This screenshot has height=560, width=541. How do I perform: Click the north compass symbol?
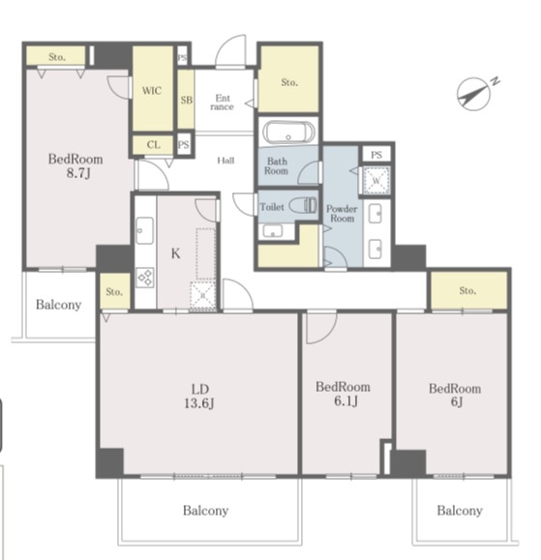[474, 94]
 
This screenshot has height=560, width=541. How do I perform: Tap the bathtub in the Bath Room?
[288, 133]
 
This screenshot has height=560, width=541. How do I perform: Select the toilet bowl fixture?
[303, 206]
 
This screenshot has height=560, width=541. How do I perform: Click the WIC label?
[152, 90]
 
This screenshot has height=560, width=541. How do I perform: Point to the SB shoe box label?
[186, 100]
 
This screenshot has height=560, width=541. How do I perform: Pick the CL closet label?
[153, 145]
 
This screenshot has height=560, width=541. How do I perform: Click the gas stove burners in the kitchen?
[145, 278]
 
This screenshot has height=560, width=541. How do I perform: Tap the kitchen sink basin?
[145, 231]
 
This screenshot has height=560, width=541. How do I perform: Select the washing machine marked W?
[376, 180]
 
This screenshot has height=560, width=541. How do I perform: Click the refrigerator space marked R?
[202, 296]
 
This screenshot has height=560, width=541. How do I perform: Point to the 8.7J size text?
[78, 173]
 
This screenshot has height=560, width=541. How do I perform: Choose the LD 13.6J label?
[199, 397]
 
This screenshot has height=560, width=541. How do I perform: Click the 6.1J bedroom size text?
[346, 401]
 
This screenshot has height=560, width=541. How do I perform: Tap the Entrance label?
[223, 103]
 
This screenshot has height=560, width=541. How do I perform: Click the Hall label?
[225, 161]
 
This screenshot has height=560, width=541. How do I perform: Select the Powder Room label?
[342, 214]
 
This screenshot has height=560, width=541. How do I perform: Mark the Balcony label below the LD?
[206, 511]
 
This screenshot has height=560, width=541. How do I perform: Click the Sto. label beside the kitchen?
[114, 292]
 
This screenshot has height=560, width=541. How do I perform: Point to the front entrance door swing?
[230, 50]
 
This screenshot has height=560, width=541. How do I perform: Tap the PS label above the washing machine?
[376, 155]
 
